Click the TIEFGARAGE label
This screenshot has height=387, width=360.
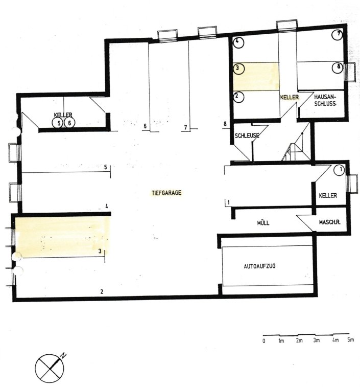166,193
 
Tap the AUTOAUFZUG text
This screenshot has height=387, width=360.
259,266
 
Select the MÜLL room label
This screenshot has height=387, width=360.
263,223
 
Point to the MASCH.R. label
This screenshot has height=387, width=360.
330,222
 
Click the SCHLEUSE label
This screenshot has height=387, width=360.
247,135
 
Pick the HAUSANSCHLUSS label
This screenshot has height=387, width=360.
325,100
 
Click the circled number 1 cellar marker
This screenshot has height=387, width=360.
339,170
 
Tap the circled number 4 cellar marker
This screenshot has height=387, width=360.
238,42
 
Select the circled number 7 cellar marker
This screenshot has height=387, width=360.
338,35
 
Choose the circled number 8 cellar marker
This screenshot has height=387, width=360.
338,67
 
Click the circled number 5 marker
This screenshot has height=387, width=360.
58,123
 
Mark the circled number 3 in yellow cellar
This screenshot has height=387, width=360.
238,69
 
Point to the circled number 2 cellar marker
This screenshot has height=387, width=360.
237,97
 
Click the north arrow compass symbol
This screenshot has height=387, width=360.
51,368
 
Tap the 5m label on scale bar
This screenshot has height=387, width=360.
351,339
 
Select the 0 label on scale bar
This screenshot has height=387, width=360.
264,341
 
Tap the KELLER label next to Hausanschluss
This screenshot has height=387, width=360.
289,97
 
